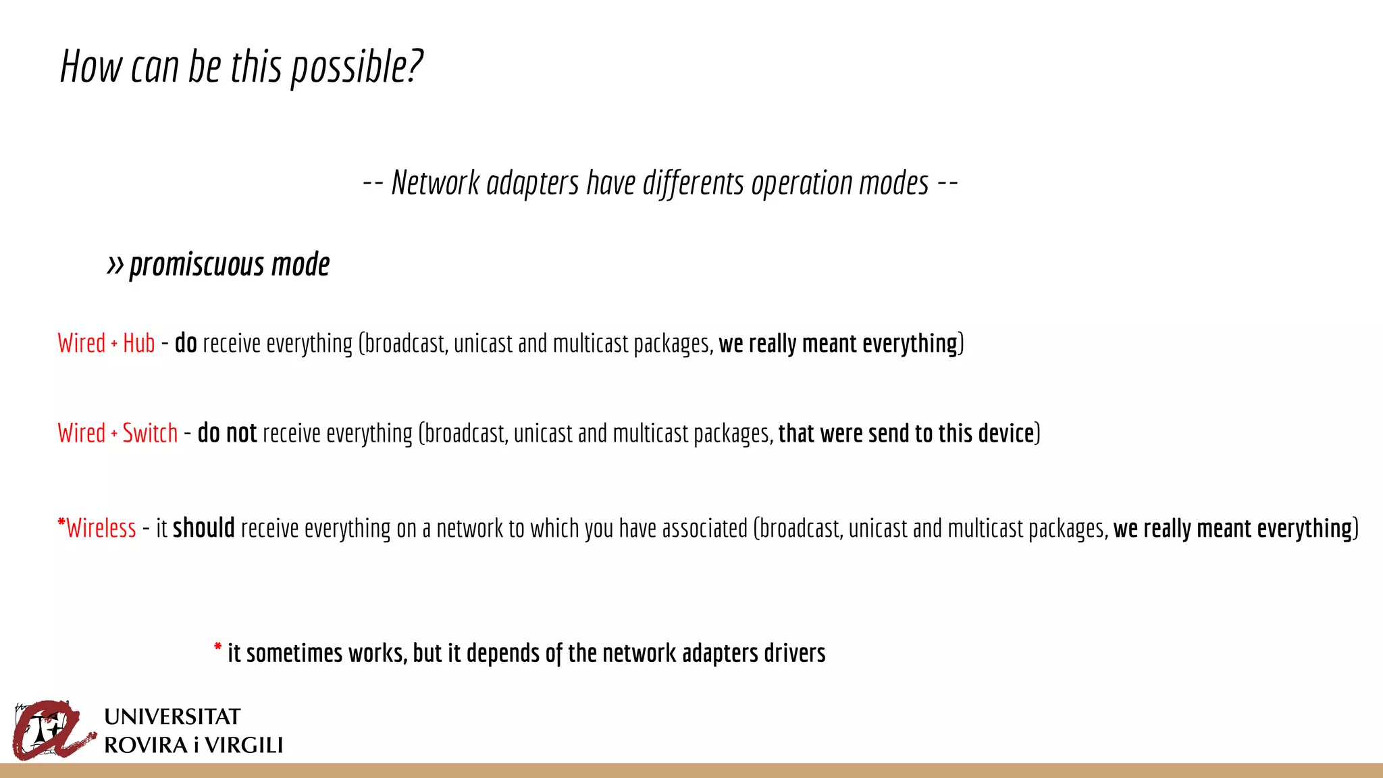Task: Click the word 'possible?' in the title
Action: point(356,68)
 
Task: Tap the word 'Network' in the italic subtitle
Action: point(436,183)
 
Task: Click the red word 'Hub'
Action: point(139,343)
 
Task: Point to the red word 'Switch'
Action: point(150,433)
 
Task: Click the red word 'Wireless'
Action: point(101,528)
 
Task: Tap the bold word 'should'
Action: point(203,527)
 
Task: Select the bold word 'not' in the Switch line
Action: point(241,433)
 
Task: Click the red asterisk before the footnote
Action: point(217,648)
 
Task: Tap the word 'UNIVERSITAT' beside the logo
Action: point(172,717)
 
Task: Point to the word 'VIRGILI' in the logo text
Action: point(244,746)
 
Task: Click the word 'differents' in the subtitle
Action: point(693,183)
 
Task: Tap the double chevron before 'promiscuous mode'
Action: point(115,265)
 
